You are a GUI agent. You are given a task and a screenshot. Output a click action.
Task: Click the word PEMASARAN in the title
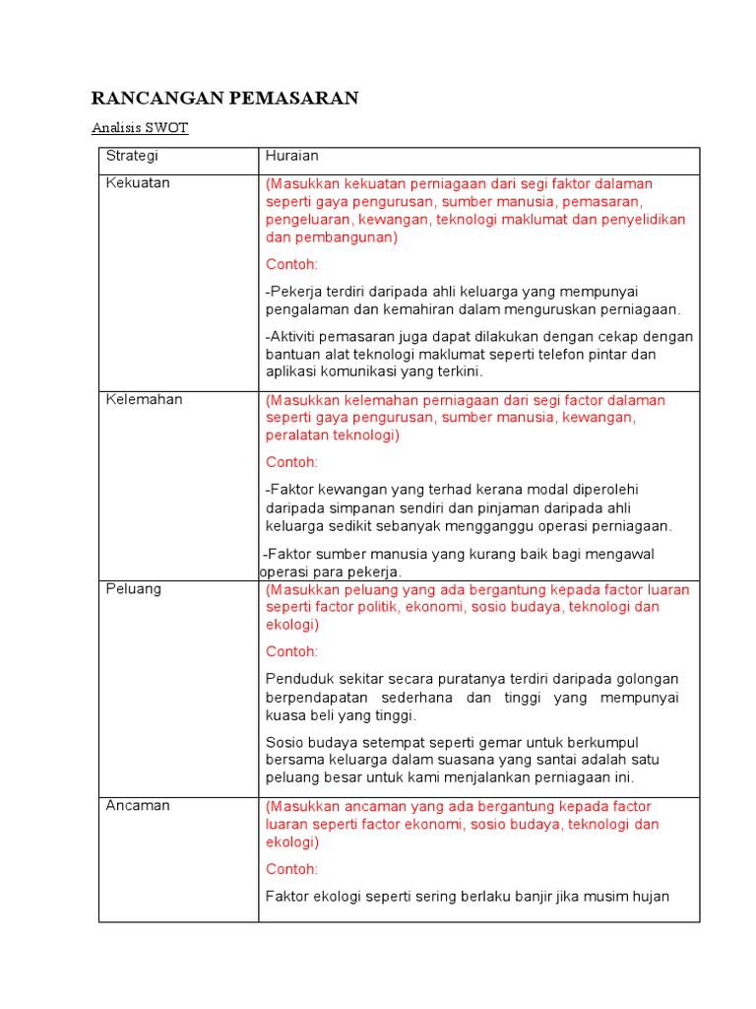click(294, 98)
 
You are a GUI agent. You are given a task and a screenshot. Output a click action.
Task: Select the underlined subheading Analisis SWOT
click(140, 128)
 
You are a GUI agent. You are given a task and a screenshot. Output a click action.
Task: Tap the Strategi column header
click(132, 157)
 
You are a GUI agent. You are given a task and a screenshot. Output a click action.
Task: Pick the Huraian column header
click(292, 157)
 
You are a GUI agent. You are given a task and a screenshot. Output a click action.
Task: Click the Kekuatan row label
click(138, 183)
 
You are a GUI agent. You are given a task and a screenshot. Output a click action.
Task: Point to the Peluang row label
click(134, 589)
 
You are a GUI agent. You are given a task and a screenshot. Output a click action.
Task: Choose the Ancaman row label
click(138, 805)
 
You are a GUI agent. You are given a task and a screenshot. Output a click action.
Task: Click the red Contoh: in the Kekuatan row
click(292, 264)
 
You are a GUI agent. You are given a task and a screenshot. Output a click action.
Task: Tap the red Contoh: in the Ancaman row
click(292, 869)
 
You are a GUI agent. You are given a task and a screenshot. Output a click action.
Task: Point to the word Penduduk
click(297, 679)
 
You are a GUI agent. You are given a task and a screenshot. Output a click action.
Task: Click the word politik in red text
click(370, 607)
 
